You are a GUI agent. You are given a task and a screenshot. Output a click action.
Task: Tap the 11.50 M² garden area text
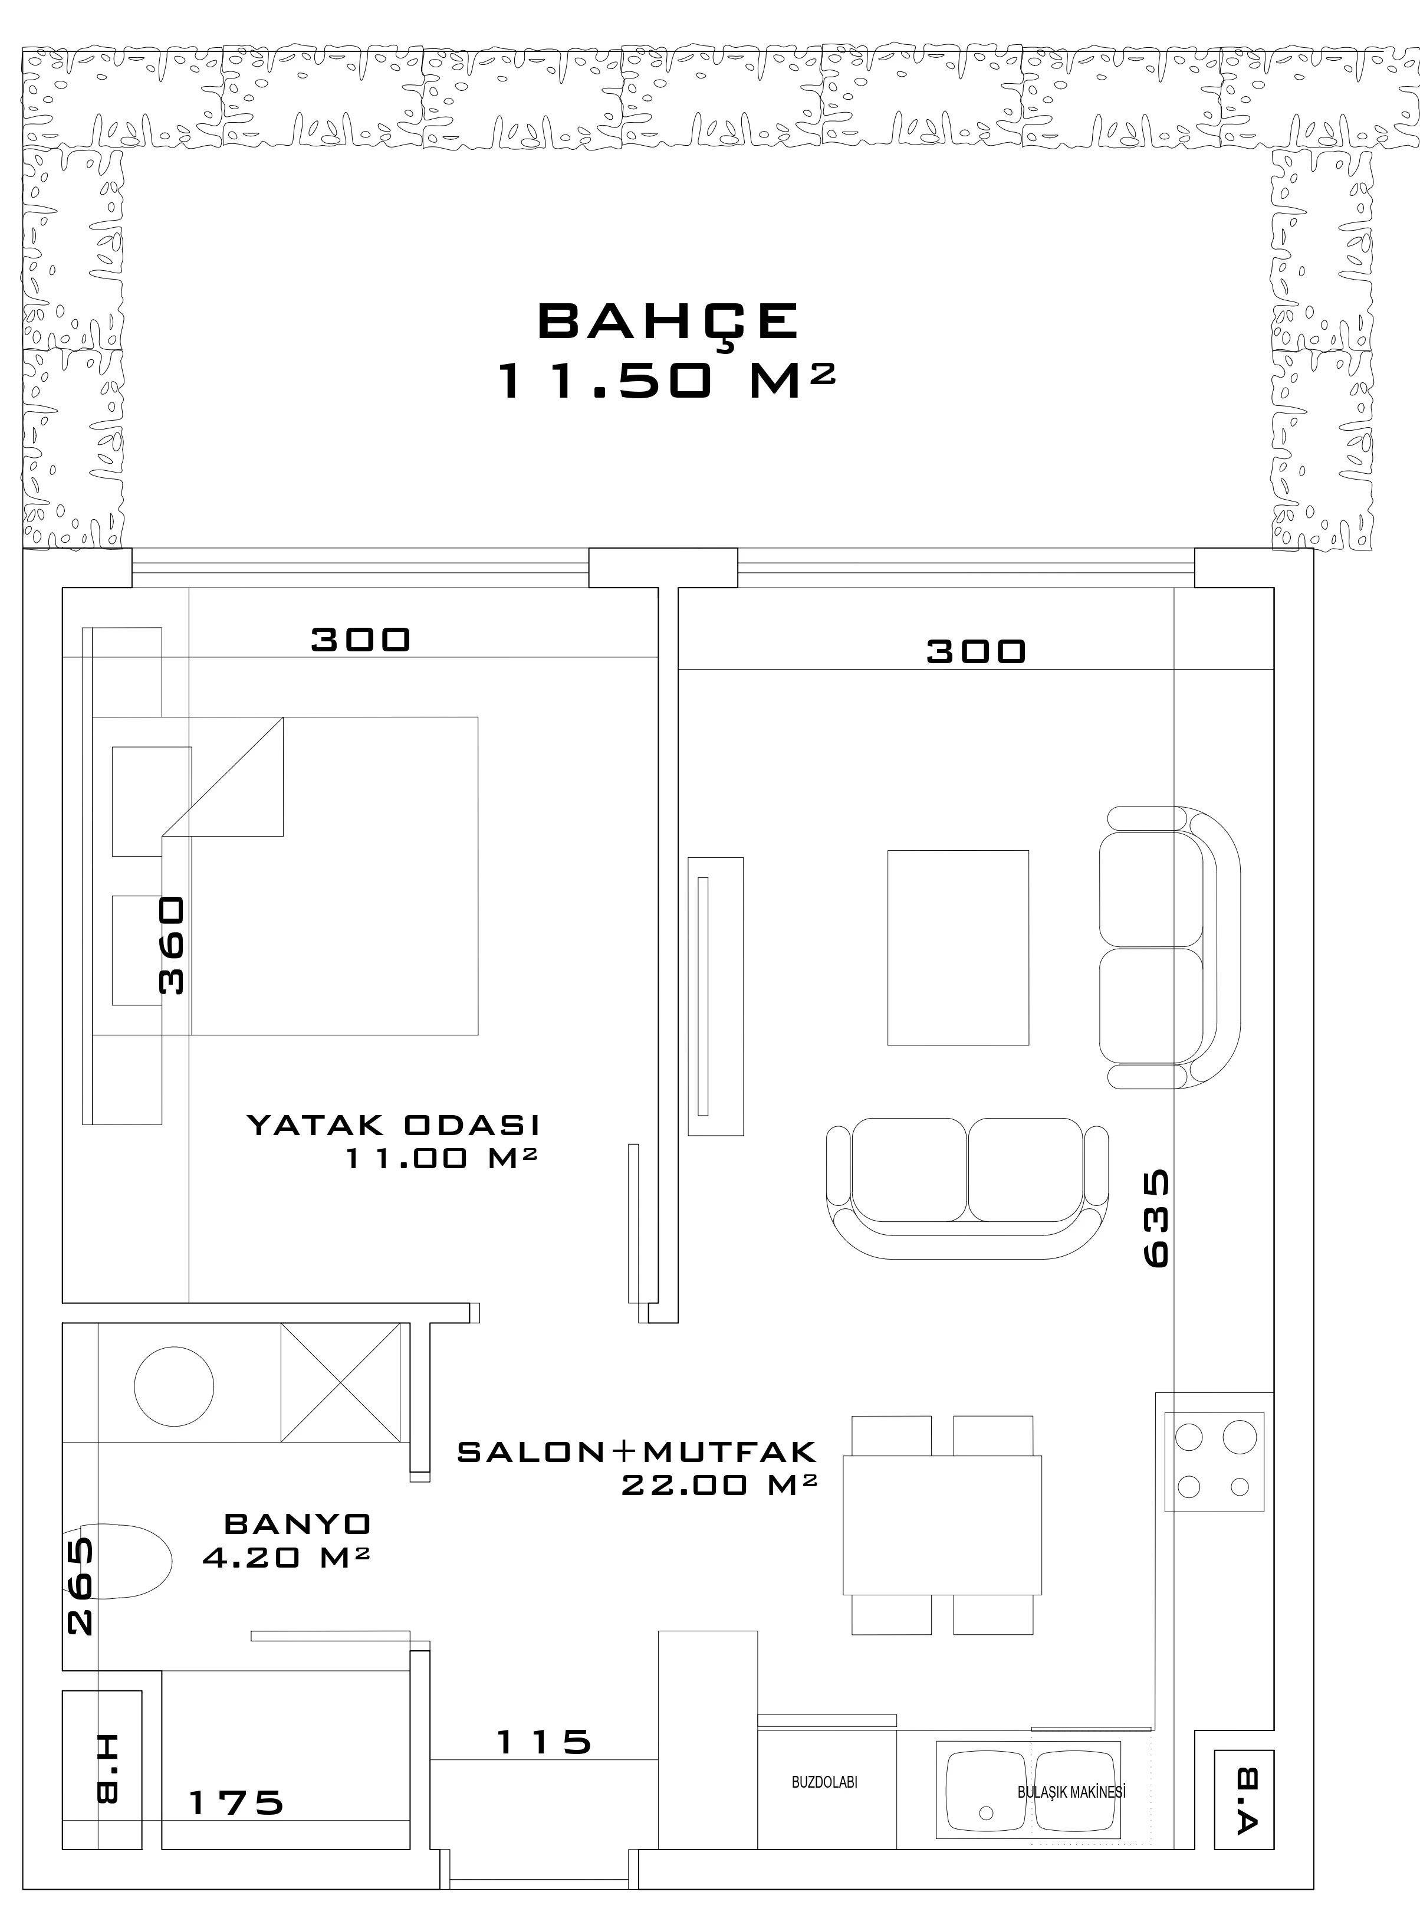point(667,379)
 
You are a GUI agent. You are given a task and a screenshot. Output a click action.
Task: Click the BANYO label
point(297,1525)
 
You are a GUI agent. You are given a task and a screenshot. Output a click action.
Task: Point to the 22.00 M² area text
point(719,1485)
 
